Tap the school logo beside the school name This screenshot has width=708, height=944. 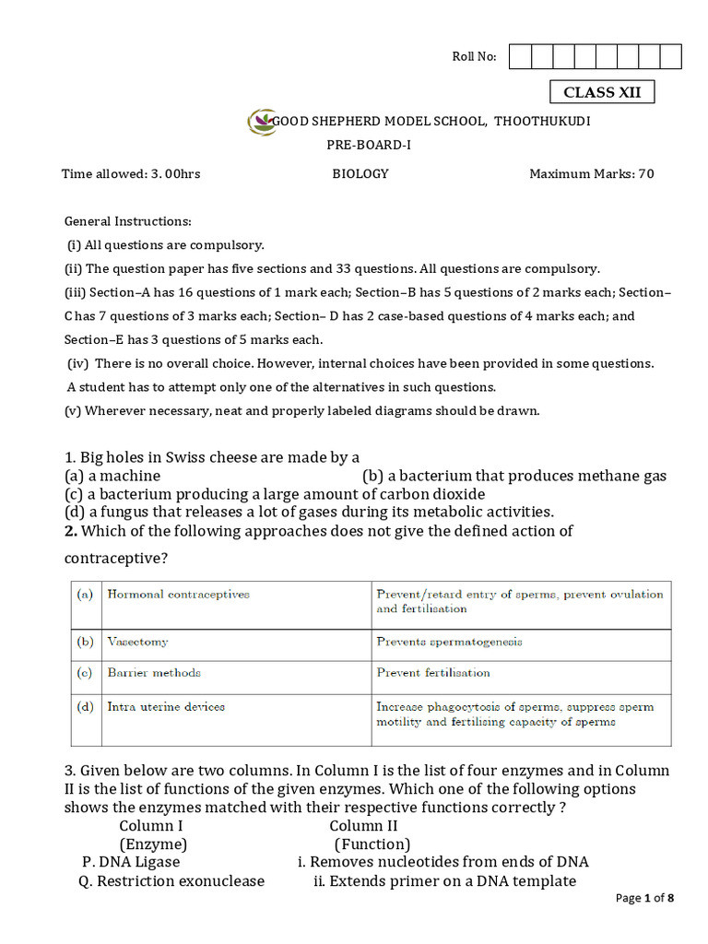[x=261, y=122]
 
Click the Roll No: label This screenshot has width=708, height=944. [x=474, y=57]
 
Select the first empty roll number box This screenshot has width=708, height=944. [x=520, y=57]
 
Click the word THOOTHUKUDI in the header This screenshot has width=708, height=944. [x=543, y=122]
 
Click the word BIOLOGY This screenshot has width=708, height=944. [x=360, y=173]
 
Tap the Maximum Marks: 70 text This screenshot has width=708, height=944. [x=591, y=173]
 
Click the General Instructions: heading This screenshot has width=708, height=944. [x=127, y=221]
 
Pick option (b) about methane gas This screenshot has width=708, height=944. [x=513, y=476]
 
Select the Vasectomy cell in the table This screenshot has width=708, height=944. [x=138, y=642]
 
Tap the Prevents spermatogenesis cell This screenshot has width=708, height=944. [x=449, y=642]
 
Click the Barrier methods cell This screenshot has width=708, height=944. [x=154, y=673]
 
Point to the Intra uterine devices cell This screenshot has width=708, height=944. [x=166, y=707]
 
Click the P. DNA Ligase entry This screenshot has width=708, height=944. [x=131, y=862]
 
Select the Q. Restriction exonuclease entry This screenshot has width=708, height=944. [x=172, y=880]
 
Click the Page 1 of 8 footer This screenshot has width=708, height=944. [x=644, y=898]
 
